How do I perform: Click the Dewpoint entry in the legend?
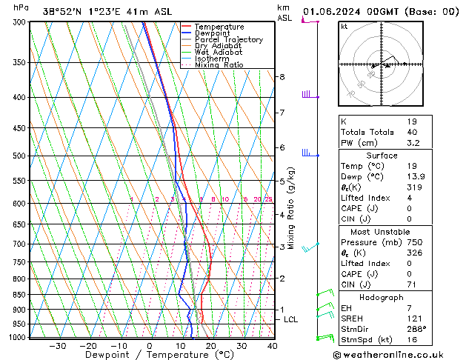coord(212,33)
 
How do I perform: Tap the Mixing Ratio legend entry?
coord(219,65)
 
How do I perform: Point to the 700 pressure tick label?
coord(20,244)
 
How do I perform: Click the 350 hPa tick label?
coord(20,63)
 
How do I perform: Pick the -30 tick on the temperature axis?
coord(57,346)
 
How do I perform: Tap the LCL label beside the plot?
coord(291,319)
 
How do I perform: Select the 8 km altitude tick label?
coord(282,77)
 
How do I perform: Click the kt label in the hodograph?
coord(344,27)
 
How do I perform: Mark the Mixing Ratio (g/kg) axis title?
coord(292,208)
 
